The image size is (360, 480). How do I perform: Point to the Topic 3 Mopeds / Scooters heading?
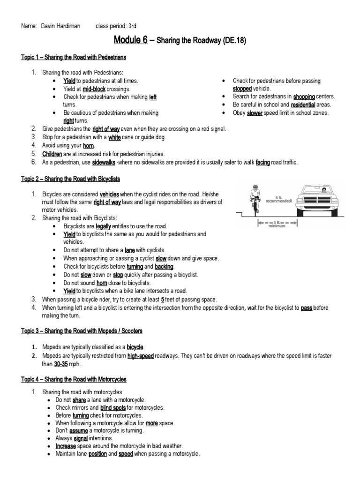pyautogui.click(x=82, y=331)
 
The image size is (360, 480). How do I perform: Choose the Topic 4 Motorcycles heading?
pyautogui.click(x=73, y=379)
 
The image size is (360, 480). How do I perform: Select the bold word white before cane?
pyautogui.click(x=114, y=137)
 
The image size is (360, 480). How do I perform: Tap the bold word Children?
pyautogui.click(x=52, y=153)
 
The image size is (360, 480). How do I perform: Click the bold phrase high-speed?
pyautogui.click(x=140, y=356)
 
